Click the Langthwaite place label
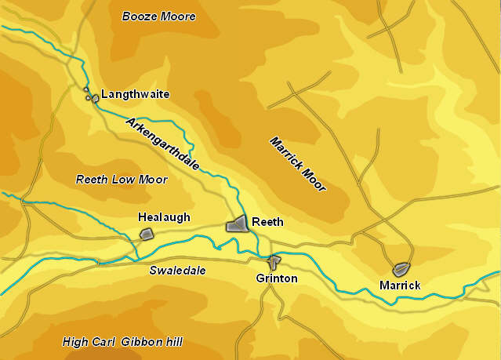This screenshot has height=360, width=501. (x=135, y=94)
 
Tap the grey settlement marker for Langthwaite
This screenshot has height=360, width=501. (x=93, y=98)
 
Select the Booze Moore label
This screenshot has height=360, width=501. (x=159, y=16)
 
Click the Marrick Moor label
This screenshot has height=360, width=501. (x=298, y=165)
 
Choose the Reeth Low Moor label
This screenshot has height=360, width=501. (x=122, y=180)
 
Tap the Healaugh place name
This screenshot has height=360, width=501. (x=164, y=217)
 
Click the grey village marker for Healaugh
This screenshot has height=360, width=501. (x=146, y=234)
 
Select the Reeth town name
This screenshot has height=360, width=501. (x=267, y=223)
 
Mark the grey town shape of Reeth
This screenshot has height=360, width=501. (x=238, y=224)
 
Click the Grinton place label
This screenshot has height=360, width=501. (x=277, y=278)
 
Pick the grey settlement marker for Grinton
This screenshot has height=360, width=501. (x=274, y=260)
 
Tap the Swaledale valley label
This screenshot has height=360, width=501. (x=177, y=271)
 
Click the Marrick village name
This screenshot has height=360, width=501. (x=400, y=285)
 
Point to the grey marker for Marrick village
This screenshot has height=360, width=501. (x=401, y=269)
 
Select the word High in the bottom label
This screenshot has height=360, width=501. (x=75, y=342)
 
